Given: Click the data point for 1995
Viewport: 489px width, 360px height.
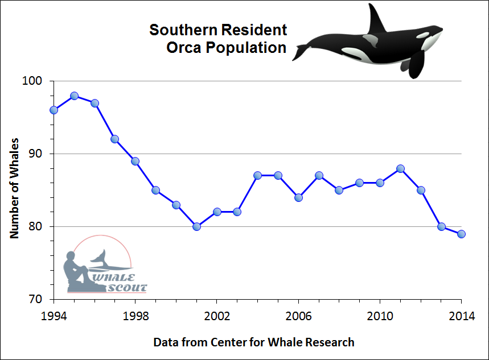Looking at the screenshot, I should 74,96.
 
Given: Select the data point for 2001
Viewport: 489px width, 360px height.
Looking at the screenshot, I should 196,226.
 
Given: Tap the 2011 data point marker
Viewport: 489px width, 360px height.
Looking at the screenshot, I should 400,168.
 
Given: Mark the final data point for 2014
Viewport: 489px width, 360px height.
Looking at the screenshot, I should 462,234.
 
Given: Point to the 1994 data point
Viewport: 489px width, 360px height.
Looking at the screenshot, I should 54,110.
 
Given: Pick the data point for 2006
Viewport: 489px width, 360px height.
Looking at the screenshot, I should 298,197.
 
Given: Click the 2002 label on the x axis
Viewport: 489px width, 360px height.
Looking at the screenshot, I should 217,316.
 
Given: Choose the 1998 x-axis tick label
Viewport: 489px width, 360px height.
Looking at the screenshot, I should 135,316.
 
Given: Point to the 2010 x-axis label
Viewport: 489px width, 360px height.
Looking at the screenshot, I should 380,316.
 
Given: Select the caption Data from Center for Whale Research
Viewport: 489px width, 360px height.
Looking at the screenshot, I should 254,342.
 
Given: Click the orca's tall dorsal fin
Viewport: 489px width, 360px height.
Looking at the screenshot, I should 376,19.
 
